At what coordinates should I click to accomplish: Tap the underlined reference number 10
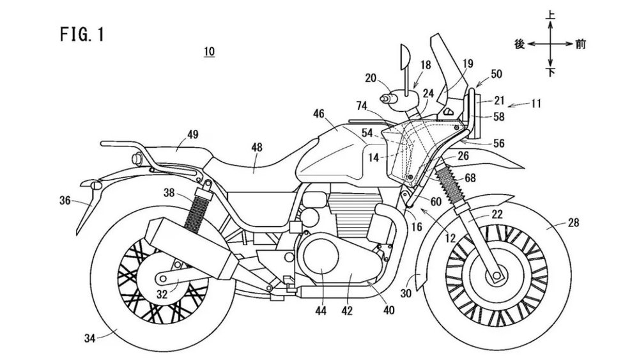[209, 51]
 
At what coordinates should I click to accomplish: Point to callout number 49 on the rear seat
[192, 134]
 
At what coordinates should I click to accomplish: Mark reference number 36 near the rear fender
[65, 200]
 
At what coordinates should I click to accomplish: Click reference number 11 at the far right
[538, 102]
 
